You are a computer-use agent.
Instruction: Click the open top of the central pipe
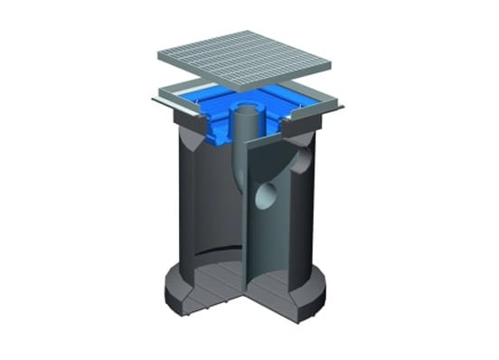pos(247,111)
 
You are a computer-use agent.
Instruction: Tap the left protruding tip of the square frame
pos(151,100)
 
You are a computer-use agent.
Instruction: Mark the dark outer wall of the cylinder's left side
pos(191,217)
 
